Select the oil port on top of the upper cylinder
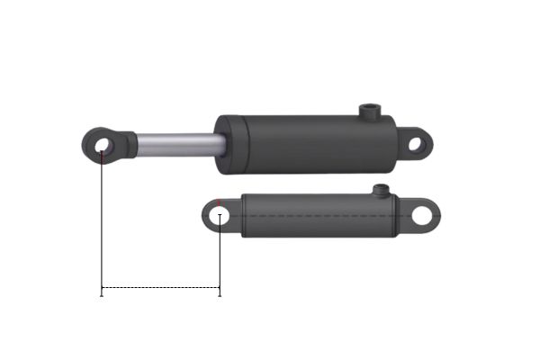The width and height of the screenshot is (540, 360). pyautogui.click(x=369, y=112)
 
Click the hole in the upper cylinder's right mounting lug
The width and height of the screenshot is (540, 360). pyautogui.click(x=415, y=143)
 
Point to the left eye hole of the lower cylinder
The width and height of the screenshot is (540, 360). pyautogui.click(x=219, y=216)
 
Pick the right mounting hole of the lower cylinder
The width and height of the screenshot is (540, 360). pyautogui.click(x=422, y=216)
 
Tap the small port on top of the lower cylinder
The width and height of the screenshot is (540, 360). pyautogui.click(x=381, y=190)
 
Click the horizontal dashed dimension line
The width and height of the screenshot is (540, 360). pyautogui.click(x=160, y=288)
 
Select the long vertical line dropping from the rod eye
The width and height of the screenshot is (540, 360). pyautogui.click(x=102, y=225)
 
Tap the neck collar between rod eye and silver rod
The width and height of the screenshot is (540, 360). pyautogui.click(x=129, y=143)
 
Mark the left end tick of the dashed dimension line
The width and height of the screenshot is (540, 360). pyautogui.click(x=102, y=289)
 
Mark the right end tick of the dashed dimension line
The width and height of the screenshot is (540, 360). pyautogui.click(x=220, y=289)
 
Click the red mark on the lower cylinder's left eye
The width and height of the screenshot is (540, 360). pyautogui.click(x=220, y=202)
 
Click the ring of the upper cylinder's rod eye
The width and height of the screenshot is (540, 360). pyautogui.click(x=89, y=144)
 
